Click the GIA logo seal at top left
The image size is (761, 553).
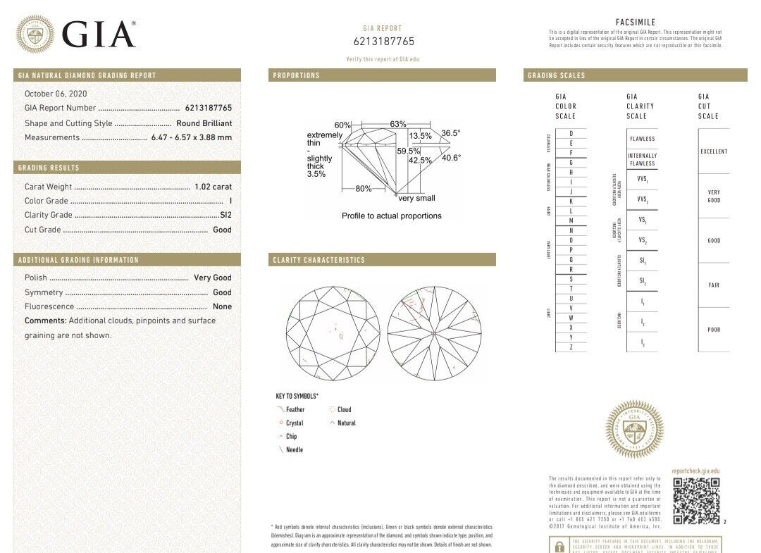[35, 34]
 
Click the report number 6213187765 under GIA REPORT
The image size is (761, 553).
[383, 42]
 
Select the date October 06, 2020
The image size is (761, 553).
[56, 94]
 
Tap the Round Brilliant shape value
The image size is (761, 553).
[204, 123]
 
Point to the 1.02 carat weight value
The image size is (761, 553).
[213, 187]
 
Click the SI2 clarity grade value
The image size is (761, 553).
[225, 215]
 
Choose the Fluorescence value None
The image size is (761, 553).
[222, 306]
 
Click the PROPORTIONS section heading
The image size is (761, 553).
[296, 75]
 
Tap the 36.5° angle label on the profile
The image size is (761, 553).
[450, 133]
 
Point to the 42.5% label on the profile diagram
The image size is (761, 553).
[420, 160]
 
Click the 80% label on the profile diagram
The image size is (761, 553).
[363, 188]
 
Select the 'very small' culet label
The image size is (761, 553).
[416, 198]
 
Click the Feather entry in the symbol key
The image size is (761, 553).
[295, 409]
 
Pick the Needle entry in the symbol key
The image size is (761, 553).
[295, 449]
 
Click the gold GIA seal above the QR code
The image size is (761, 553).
[634, 429]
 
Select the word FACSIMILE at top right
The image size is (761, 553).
[636, 23]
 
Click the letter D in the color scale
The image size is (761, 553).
[571, 134]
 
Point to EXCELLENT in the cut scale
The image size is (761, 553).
[714, 151]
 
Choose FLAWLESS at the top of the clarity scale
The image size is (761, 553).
[642, 139]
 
